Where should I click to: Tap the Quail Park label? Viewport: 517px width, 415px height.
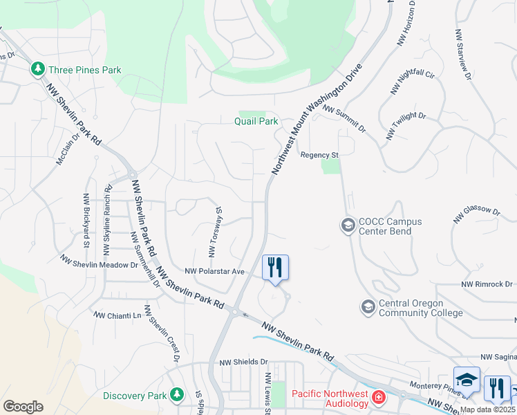click(x=255, y=122)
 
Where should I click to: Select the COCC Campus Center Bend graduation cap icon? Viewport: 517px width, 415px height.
click(x=347, y=226)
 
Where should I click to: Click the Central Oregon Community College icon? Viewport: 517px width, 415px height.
click(x=368, y=307)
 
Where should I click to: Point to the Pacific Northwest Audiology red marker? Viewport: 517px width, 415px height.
click(x=377, y=398)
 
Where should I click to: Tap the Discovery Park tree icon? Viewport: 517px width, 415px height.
click(x=178, y=396)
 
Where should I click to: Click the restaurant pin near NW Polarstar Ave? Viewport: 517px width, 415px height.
click(x=275, y=268)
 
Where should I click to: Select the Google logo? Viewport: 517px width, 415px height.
click(x=23, y=407)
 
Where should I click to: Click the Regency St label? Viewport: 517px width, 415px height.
click(x=319, y=155)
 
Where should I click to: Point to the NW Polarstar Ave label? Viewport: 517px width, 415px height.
click(x=215, y=272)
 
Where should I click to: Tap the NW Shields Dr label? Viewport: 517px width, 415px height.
click(x=243, y=362)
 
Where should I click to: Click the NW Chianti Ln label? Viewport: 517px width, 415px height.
click(x=117, y=315)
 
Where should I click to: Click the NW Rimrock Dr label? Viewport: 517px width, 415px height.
click(x=487, y=284)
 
